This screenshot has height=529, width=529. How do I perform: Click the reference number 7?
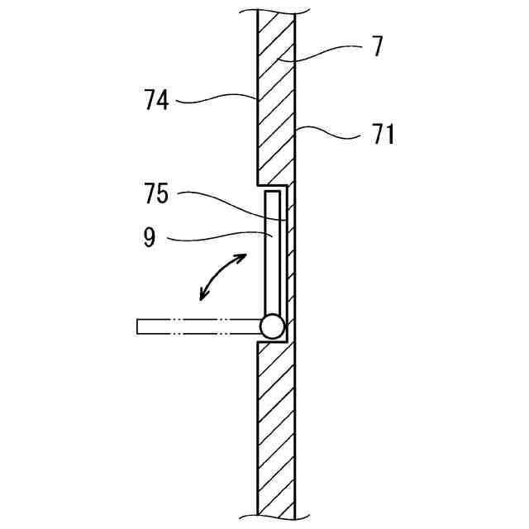pos(377,47)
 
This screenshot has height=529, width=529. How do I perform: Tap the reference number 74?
pos(155,101)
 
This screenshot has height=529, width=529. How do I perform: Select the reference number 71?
pos(381,134)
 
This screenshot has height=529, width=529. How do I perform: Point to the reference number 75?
pos(155,195)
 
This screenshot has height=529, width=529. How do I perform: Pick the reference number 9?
pos(149,239)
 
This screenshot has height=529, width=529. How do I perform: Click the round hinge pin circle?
pos(271,326)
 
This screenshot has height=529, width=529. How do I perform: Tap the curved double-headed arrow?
pos(223,277)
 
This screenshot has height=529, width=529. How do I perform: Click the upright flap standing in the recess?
pos(272,252)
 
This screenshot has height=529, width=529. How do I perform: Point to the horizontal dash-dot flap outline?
pos(198,326)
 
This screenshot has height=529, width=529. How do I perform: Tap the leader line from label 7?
pos(322,51)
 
